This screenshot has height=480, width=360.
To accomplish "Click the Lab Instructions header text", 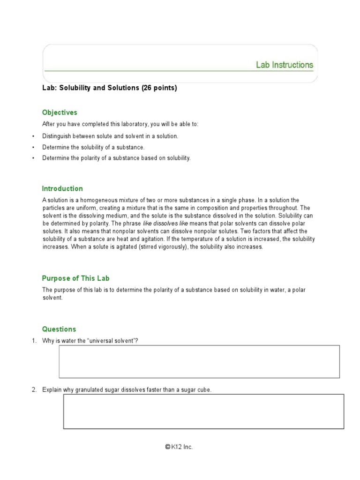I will coord(285,65).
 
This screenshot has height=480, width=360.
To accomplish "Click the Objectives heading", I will coord(60,112).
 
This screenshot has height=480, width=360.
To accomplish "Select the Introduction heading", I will coord(62,188).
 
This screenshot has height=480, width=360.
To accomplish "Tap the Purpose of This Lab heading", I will coord(76,278).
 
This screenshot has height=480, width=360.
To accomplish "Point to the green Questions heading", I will coord(59,329).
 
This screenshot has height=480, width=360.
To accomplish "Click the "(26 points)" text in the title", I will coord(159,88).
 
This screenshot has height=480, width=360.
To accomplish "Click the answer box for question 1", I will coord(199,361).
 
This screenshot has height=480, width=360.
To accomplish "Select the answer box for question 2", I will coord(203,412).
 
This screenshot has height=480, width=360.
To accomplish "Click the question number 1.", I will coord(34,341).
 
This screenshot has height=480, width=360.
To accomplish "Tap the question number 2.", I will coord(34,390).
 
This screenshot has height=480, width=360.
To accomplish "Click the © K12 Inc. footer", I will coord(179,447).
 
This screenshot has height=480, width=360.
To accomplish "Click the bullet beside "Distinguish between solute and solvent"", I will coord(34,136).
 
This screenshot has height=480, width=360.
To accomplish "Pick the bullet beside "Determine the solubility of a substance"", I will coord(34,147).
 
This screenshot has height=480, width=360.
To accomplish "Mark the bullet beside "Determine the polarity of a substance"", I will coord(34,158).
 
